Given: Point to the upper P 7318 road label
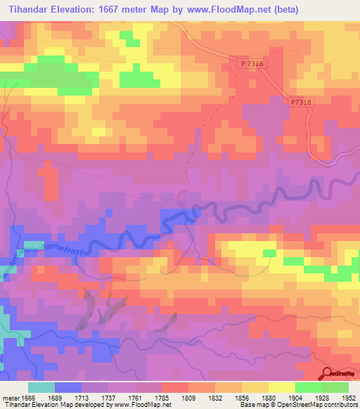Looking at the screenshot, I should [253, 63].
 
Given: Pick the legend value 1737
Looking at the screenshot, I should [109, 398].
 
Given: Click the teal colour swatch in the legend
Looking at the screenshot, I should [41, 387].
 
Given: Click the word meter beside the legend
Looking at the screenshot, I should [8, 398].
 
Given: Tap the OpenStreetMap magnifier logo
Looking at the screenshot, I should [328, 372].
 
